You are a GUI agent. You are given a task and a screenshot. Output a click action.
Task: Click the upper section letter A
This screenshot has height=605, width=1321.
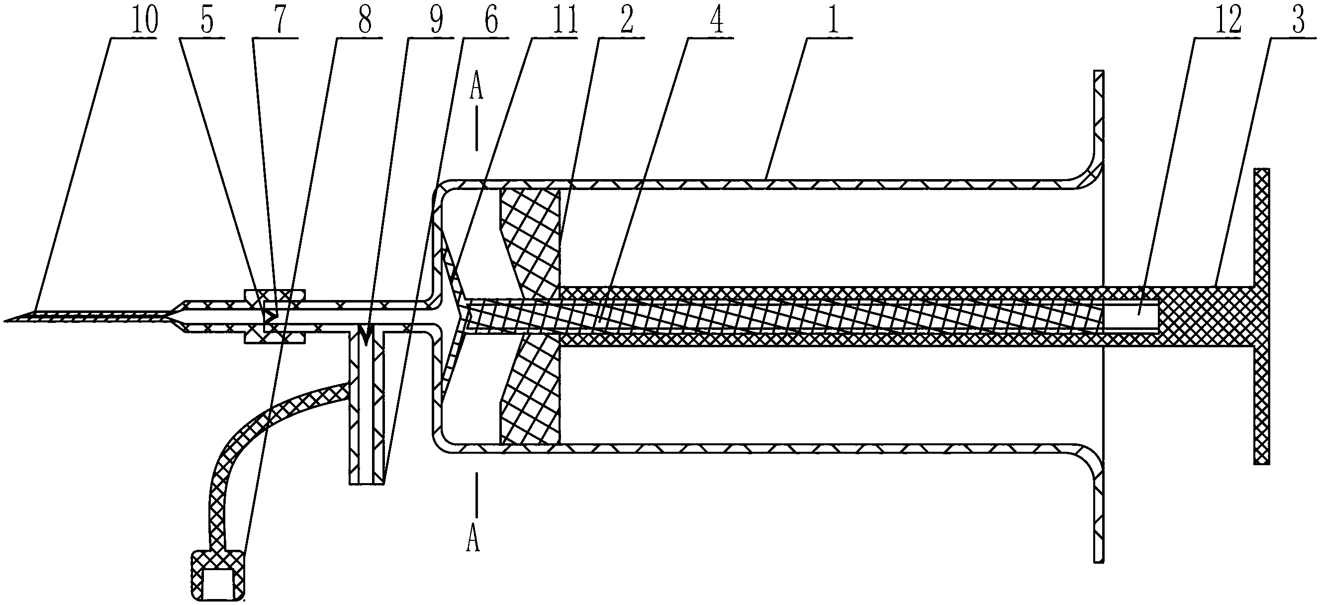[x=476, y=88]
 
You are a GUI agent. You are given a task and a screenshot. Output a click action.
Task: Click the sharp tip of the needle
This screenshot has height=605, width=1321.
[x=6, y=320]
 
